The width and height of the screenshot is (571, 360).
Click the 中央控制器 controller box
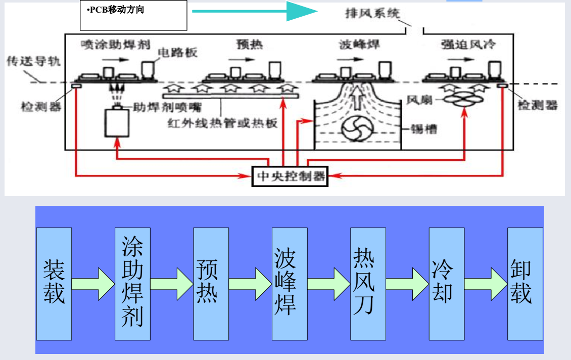[x=290, y=176]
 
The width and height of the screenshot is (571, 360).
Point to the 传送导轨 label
[x=33, y=62]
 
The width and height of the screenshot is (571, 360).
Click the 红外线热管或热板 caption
[x=223, y=123]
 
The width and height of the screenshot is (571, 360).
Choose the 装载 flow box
[x=54, y=284]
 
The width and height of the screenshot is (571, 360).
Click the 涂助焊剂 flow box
[x=132, y=284]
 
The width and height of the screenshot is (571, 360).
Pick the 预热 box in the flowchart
[x=211, y=284]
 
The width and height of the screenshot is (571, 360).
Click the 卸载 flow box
[x=526, y=284]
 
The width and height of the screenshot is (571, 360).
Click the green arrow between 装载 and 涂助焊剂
[x=93, y=284]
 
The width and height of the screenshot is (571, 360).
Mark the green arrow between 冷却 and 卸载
[x=486, y=284]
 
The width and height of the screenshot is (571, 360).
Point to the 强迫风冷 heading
[x=467, y=45]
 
